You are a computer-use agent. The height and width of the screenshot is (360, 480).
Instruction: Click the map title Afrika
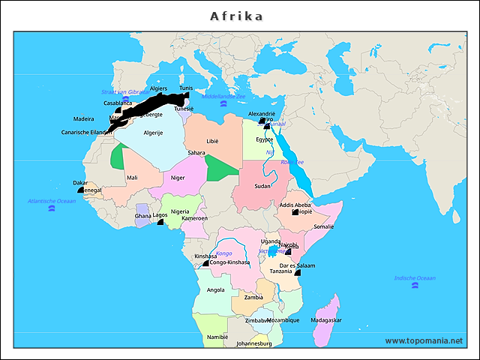[x=237, y=16]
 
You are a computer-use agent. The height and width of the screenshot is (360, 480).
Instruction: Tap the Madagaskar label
[x=325, y=319]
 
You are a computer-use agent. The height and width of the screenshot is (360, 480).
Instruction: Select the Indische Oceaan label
[x=415, y=278]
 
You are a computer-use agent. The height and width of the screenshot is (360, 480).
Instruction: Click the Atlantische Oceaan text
[x=52, y=201]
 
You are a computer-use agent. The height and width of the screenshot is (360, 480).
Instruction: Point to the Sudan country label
[x=262, y=186]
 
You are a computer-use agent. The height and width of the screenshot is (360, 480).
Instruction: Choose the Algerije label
[x=153, y=133]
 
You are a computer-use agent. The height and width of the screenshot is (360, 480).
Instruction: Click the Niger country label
[x=178, y=178]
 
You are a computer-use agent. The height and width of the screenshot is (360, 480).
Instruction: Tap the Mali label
[x=132, y=178]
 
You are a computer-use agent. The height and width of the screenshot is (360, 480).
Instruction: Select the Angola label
[x=215, y=289]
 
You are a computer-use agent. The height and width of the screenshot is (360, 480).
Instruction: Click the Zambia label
[x=253, y=297]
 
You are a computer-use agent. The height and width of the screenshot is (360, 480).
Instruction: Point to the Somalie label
[x=323, y=226]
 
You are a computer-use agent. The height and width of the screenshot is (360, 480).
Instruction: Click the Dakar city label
[x=80, y=182]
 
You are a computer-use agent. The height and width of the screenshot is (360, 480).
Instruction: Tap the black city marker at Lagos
[x=160, y=223]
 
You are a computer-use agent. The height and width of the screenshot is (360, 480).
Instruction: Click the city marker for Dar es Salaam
[x=298, y=273]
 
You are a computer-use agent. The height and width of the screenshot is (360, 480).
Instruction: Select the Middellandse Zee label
[x=224, y=96]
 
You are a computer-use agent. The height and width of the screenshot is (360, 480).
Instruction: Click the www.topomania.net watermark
[x=424, y=340]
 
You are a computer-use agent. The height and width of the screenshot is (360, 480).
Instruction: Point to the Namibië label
[x=217, y=337]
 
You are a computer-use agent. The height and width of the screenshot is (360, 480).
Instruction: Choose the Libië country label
[x=213, y=141]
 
